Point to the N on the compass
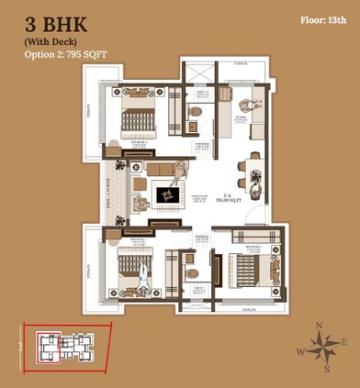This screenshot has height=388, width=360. [x=318, y=326]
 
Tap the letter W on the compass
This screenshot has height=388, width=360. [x=299, y=350]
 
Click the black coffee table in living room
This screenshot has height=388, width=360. [x=166, y=195]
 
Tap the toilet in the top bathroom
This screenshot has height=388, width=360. [x=195, y=112]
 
